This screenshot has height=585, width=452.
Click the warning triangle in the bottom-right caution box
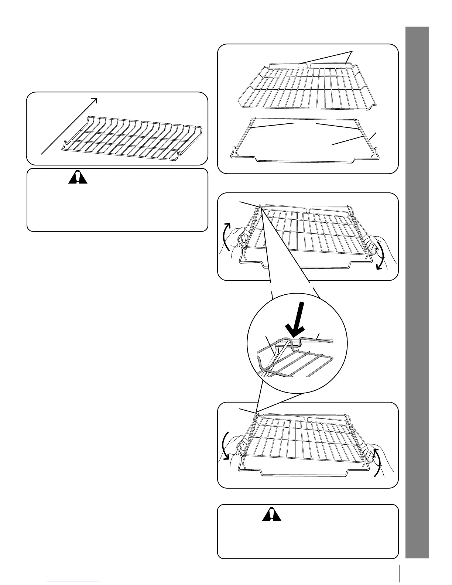click(x=272, y=514)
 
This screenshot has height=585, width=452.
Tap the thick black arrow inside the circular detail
click(x=298, y=317)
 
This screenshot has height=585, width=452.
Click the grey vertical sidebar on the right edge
click(x=417, y=292)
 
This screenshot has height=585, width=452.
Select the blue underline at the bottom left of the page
click(x=73, y=582)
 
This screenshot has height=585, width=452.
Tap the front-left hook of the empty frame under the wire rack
click(x=234, y=152)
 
